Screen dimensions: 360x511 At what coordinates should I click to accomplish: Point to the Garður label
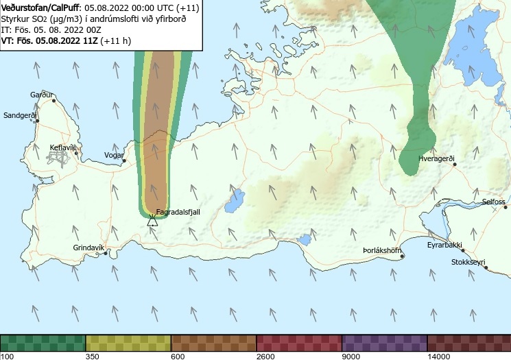(x=41, y=95)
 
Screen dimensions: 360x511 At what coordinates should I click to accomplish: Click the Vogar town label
(x=113, y=156)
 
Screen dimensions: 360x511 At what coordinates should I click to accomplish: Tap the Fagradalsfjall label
(x=178, y=213)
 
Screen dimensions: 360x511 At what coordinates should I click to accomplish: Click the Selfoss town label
(x=493, y=202)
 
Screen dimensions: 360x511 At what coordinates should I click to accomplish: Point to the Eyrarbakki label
(x=445, y=245)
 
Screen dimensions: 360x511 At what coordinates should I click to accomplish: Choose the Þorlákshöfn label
(x=382, y=250)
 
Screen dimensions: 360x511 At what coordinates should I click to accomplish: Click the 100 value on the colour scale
(x=8, y=356)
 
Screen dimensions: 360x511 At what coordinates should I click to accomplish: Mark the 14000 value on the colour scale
(x=439, y=356)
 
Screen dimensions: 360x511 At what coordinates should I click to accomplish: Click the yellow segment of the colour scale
(x=128, y=342)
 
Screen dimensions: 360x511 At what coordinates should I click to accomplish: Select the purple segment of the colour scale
(x=384, y=342)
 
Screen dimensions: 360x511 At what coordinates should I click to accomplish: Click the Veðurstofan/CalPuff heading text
(x=41, y=7)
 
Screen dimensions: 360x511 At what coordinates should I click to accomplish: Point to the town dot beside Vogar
(x=125, y=161)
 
